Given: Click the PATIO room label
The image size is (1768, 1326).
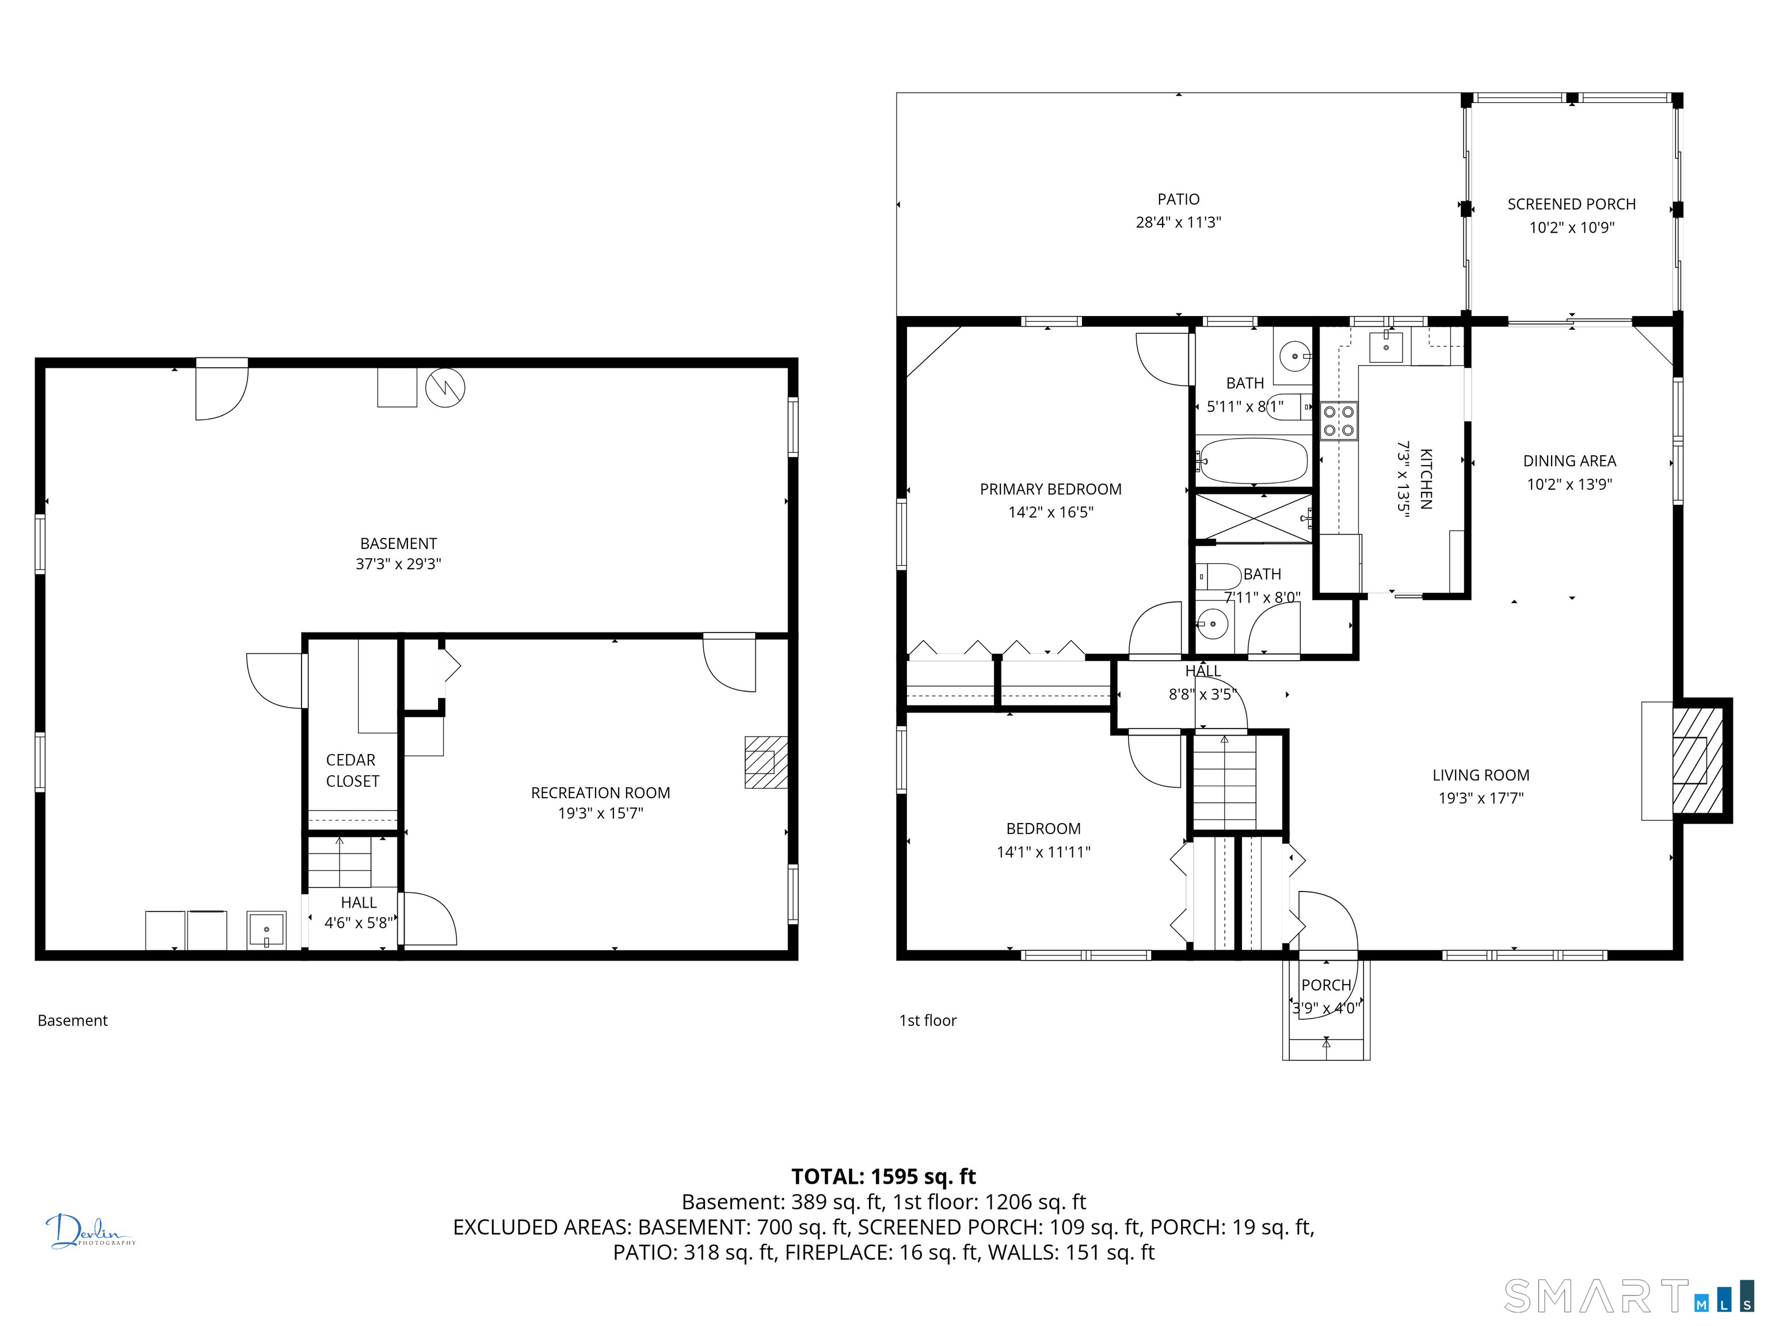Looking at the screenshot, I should click(1178, 199).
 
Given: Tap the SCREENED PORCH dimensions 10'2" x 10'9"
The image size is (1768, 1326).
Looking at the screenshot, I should click(1571, 228).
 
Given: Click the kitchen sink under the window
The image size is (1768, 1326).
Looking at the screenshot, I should click(1385, 347).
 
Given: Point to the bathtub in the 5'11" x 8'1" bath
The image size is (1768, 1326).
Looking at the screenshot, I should click(1252, 460).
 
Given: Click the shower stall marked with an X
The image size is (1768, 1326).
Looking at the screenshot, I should click(1253, 519).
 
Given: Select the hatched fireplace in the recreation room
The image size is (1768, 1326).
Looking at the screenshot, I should click(765, 763).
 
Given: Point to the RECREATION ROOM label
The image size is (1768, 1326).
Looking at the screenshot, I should click(600, 793).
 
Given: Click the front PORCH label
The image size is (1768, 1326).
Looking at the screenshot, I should click(1326, 985).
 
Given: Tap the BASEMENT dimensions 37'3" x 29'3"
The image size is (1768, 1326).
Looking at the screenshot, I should click(398, 564).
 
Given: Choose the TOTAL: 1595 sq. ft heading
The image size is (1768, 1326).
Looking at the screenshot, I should click(883, 1176).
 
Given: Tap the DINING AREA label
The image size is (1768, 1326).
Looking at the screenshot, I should click(1569, 461).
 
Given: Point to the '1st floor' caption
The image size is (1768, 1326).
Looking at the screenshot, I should click(927, 1020).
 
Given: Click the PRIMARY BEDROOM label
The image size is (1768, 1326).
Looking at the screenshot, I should click(1050, 489).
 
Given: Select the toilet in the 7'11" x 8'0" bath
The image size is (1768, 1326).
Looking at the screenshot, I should click(1217, 576).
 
